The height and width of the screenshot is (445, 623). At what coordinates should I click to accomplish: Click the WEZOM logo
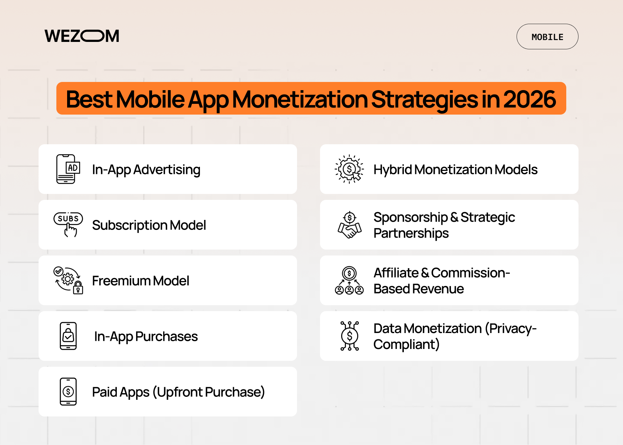[x=82, y=36]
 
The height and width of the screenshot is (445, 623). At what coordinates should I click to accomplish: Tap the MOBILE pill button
[x=547, y=37]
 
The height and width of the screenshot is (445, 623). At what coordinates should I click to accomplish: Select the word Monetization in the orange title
[x=300, y=99]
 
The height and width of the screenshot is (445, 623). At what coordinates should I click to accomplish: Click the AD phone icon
[x=68, y=169]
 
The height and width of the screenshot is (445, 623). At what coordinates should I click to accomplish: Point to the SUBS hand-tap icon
[x=68, y=224]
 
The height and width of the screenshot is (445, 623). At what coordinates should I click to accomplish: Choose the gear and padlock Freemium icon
[x=68, y=280]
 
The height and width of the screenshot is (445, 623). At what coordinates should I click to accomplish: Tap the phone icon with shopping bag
[x=68, y=336]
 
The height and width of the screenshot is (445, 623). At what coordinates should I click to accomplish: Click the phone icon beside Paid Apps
[x=68, y=392]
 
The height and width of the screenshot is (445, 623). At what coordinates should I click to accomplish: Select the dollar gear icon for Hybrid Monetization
[x=349, y=169]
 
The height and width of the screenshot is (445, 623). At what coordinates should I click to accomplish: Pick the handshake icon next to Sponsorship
[x=349, y=225]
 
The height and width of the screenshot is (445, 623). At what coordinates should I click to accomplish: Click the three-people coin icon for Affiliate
[x=349, y=280]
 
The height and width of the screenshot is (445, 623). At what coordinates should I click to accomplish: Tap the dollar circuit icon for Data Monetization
[x=349, y=336]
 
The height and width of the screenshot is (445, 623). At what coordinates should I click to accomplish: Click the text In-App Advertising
[x=146, y=169]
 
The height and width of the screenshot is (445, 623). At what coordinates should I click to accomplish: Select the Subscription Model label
[x=149, y=225]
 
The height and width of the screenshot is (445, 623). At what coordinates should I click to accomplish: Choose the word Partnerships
[x=411, y=233]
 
